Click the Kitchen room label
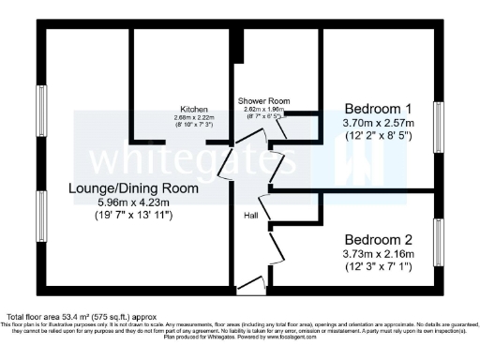(x=195, y=109)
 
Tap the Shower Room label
(x=263, y=100)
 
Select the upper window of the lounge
(x=42, y=112)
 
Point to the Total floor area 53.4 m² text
(x=74, y=316)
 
